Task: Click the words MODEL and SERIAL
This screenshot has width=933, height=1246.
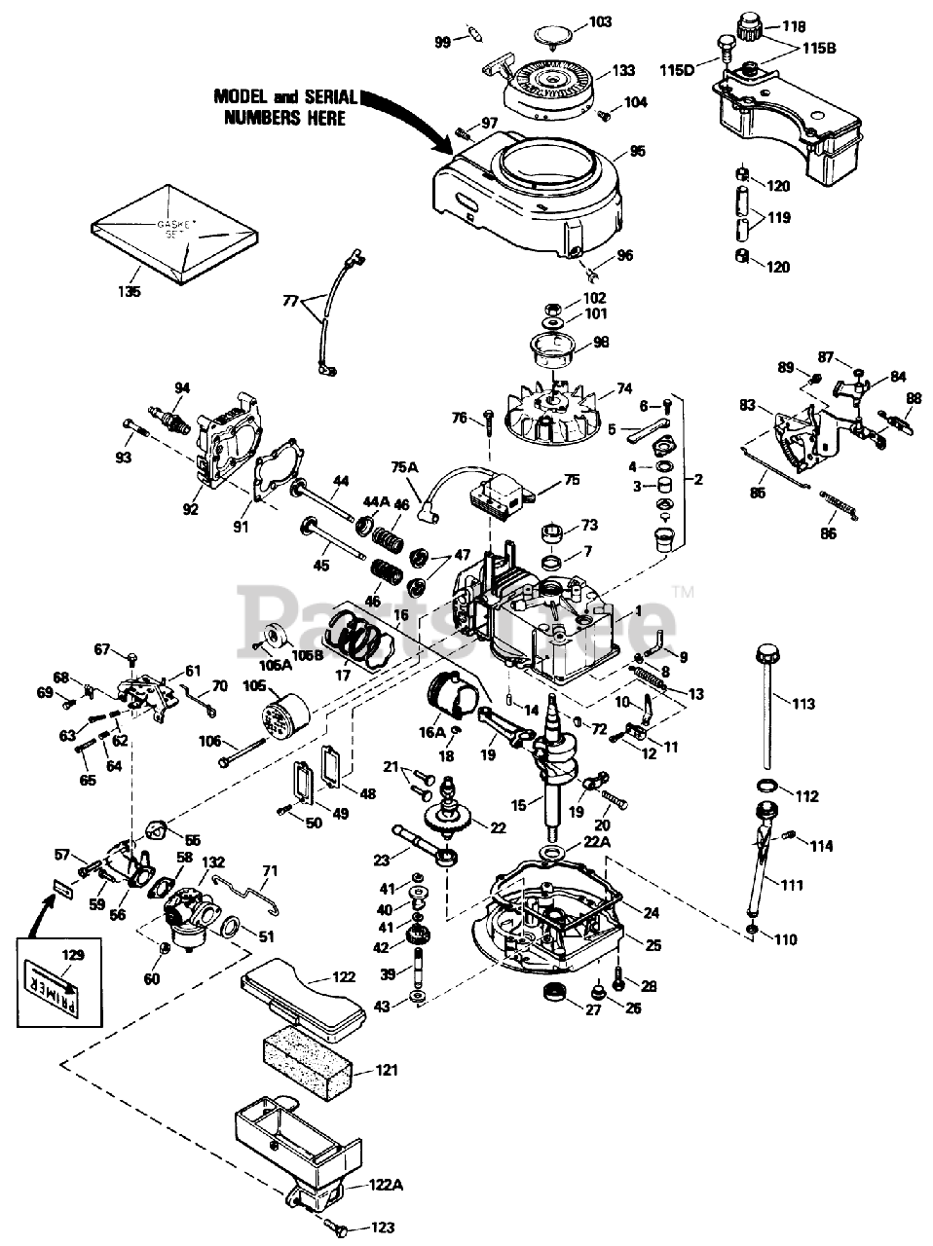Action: click(286, 97)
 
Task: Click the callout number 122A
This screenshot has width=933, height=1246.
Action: click(385, 1187)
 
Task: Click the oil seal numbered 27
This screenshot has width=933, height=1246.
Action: click(559, 995)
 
